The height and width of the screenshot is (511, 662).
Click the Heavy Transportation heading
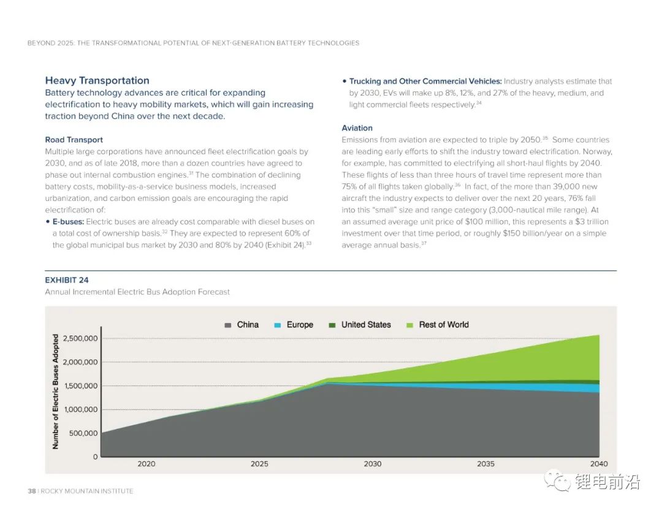pyautogui.click(x=97, y=80)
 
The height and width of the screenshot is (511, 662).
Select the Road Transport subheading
pyautogui.click(x=74, y=140)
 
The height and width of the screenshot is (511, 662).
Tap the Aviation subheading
pyautogui.click(x=357, y=128)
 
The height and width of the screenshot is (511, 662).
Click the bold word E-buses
pyautogui.click(x=68, y=221)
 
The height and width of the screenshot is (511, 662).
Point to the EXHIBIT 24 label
pyautogui.click(x=66, y=280)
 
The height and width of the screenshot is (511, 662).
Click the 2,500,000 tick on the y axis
pyautogui.click(x=80, y=339)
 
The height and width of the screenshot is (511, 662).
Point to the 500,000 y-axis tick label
pyautogui.click(x=83, y=433)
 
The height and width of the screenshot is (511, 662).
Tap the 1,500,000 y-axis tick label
pyautogui.click(x=80, y=386)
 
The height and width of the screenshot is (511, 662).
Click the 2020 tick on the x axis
pyautogui.click(x=146, y=464)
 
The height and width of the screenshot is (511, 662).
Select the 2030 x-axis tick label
pyautogui.click(x=372, y=464)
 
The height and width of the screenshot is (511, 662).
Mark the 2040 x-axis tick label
pyautogui.click(x=598, y=464)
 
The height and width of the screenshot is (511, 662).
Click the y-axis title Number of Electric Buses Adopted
pyautogui.click(x=56, y=392)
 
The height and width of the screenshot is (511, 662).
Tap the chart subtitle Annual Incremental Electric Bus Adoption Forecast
pyautogui.click(x=137, y=292)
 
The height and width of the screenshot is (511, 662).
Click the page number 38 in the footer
pyautogui.click(x=32, y=491)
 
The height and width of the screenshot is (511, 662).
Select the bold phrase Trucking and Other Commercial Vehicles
pyautogui.click(x=425, y=81)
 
